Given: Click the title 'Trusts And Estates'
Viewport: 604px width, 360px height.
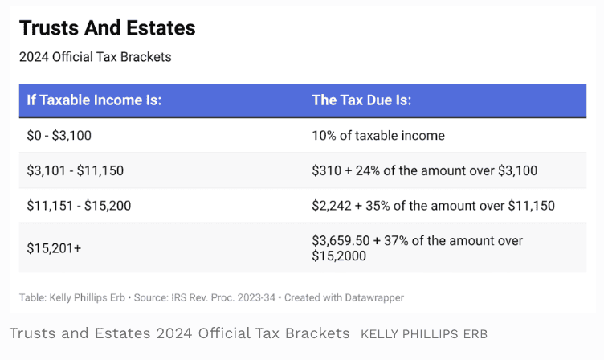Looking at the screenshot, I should (107, 28).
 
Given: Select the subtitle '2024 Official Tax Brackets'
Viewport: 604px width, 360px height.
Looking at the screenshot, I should (95, 57).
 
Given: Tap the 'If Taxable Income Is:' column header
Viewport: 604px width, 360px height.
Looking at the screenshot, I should (94, 100).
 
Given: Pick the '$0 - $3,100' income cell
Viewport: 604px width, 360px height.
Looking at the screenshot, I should (61, 136).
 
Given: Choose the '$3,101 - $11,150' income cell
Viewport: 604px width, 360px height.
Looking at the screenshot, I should (75, 170).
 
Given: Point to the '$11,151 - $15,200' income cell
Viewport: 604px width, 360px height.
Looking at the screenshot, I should (79, 205).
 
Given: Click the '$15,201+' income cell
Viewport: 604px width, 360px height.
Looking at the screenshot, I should (54, 248).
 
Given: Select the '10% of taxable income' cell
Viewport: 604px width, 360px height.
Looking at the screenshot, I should (377, 136).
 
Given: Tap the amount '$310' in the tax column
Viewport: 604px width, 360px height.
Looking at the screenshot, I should (325, 170).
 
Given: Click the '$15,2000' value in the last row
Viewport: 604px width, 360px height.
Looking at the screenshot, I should (339, 256).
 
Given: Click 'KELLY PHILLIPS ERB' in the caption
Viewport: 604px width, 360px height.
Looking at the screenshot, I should (424, 333).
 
